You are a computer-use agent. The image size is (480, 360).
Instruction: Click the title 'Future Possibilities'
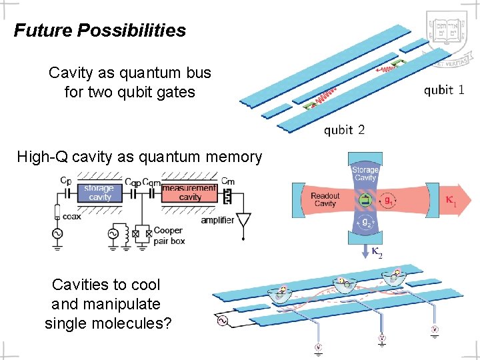click(x=100, y=31)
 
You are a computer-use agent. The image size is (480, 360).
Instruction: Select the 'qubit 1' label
click(x=444, y=90)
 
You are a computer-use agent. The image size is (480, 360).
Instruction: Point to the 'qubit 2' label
click(x=344, y=129)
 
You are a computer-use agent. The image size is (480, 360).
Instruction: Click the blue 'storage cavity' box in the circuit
click(x=100, y=193)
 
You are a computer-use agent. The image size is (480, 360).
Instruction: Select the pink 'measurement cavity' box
click(x=189, y=193)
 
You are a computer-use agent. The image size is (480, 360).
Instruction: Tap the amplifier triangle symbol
click(x=245, y=219)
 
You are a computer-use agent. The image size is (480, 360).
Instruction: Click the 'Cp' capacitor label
click(x=66, y=180)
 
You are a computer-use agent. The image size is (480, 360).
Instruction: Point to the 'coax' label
click(x=73, y=216)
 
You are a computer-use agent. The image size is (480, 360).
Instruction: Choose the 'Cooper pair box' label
click(x=169, y=235)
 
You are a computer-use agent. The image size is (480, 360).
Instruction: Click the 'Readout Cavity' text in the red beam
click(x=325, y=199)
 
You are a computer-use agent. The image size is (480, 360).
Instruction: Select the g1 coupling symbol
click(x=387, y=199)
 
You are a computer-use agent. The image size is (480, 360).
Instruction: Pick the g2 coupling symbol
click(x=365, y=223)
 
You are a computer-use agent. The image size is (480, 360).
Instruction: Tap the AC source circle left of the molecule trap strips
click(x=220, y=322)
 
